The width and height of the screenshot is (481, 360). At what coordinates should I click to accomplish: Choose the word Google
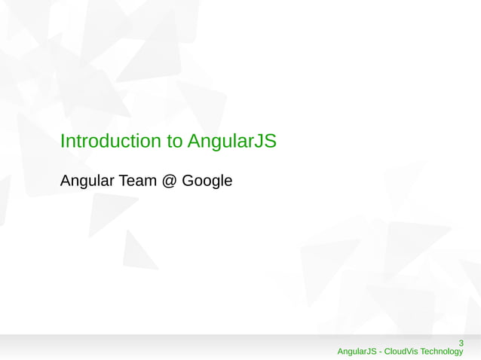pyautogui.click(x=207, y=182)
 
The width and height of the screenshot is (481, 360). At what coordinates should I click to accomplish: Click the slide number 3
pyautogui.click(x=461, y=344)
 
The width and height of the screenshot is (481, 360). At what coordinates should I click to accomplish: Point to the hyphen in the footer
pyautogui.click(x=381, y=352)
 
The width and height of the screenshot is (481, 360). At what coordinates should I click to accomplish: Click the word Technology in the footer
pyautogui.click(x=442, y=352)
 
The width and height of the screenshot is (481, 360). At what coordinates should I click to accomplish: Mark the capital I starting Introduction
pyautogui.click(x=62, y=141)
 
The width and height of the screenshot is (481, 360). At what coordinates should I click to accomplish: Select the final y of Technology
pyautogui.click(x=461, y=352)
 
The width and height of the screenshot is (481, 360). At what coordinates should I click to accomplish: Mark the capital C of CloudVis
pyautogui.click(x=388, y=352)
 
